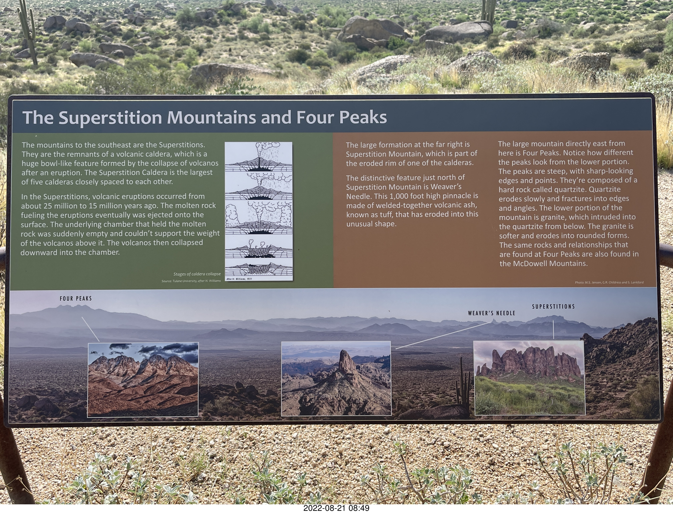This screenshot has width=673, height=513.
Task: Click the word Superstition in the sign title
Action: [110, 117]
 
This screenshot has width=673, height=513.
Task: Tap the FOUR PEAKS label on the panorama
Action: [76, 299]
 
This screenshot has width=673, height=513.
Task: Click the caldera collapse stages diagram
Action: [258, 211]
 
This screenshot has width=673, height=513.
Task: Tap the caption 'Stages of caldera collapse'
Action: [197, 274]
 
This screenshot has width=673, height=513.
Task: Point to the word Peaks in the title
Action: [363, 117]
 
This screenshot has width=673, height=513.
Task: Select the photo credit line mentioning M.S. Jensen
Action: [609, 282]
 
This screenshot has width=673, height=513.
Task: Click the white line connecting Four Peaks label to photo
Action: [90, 329]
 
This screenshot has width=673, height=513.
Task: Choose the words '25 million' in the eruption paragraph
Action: [60, 206]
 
